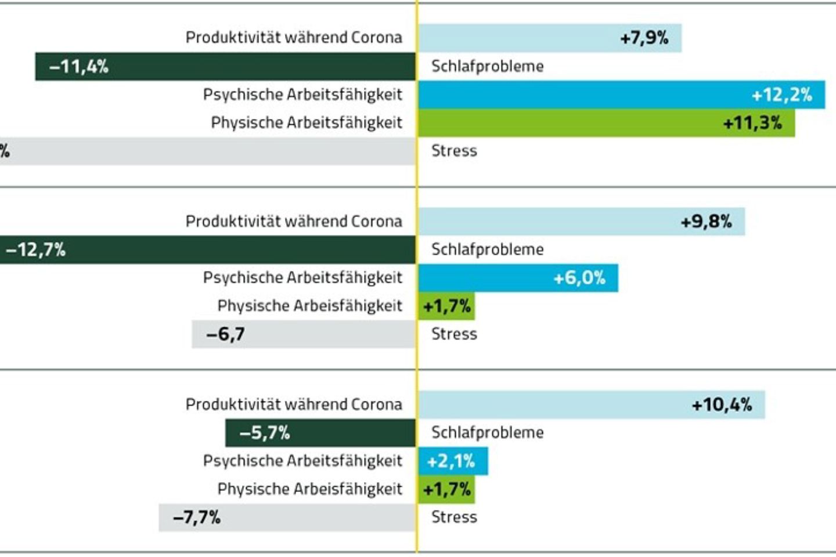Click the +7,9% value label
[x=644, y=38]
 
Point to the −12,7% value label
[x=35, y=250]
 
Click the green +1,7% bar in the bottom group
[x=446, y=490]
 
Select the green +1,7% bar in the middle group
[x=446, y=306]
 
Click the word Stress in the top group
[x=454, y=151]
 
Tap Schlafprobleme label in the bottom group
[x=487, y=433]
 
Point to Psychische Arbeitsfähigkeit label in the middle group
[x=302, y=278]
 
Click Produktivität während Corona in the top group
[x=294, y=38]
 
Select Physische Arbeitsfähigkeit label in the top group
[x=307, y=123]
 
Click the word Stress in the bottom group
[x=454, y=518]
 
